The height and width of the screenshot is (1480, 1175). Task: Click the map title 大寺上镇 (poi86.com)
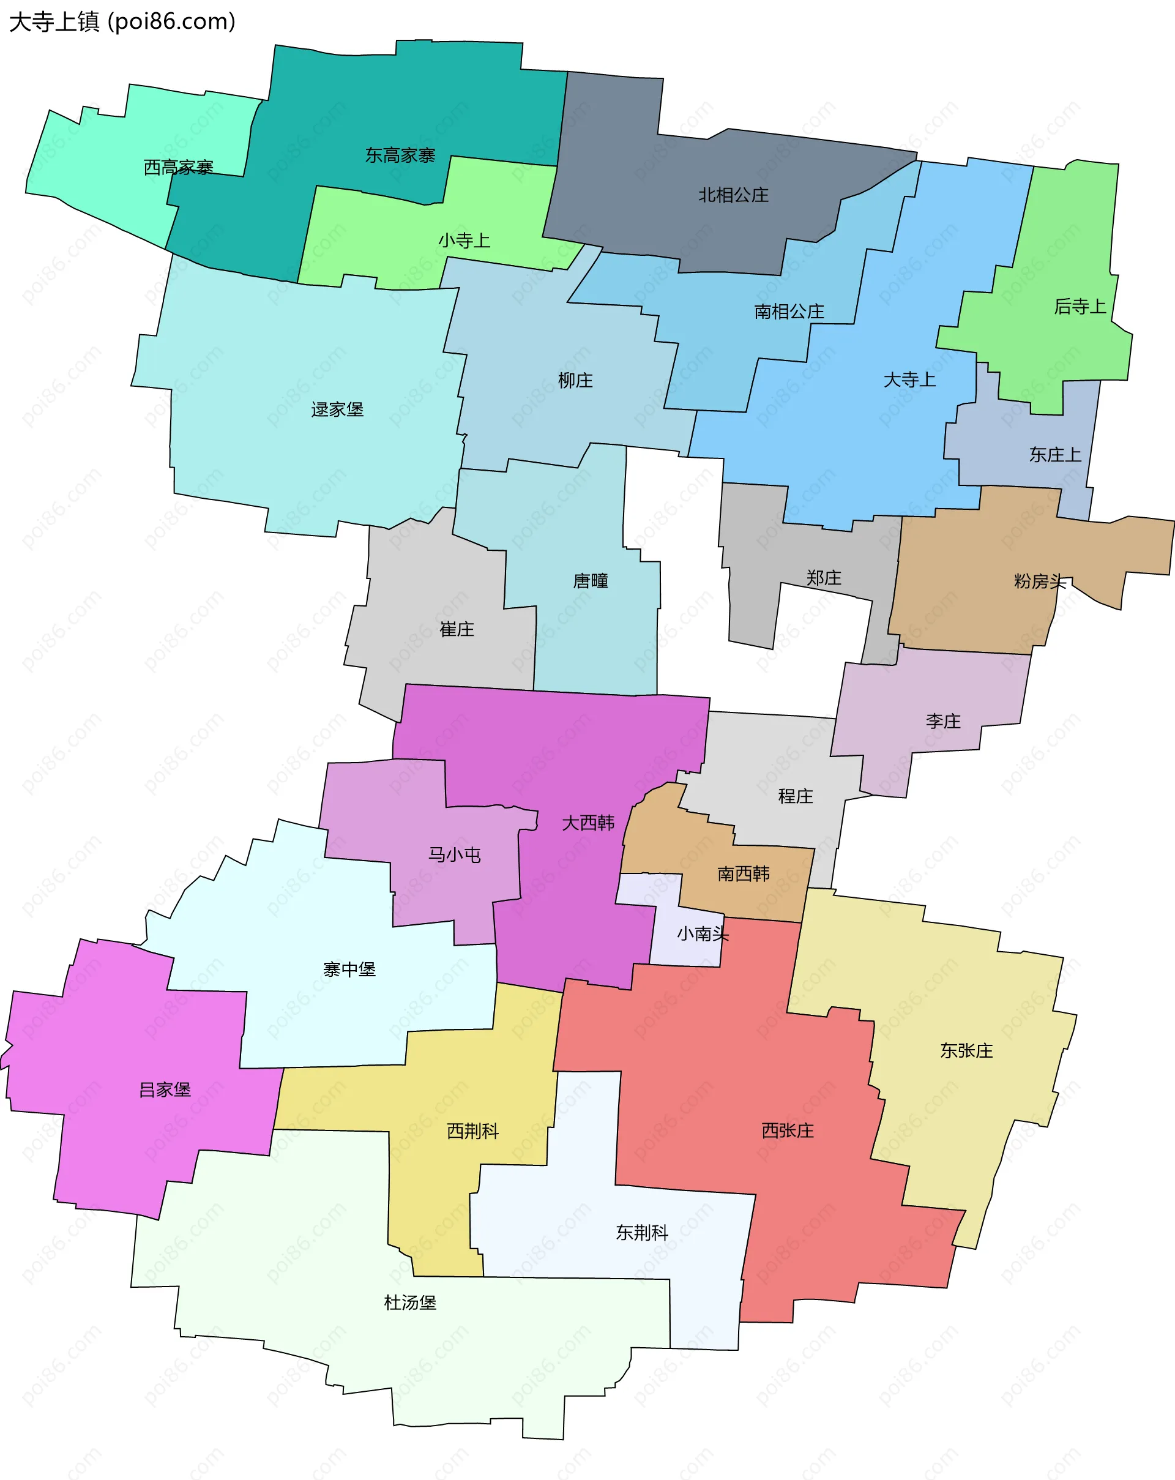(x=122, y=22)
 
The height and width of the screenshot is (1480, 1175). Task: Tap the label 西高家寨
(x=179, y=168)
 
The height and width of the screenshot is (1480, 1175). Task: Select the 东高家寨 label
(x=400, y=156)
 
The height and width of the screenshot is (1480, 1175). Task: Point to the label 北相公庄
(x=733, y=196)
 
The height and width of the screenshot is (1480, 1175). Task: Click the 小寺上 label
(x=464, y=241)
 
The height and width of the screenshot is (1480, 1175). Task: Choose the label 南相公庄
(x=789, y=312)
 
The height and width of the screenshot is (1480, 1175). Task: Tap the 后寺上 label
(x=1080, y=307)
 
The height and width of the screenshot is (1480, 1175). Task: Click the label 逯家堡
(x=337, y=410)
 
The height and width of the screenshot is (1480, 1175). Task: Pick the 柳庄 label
(x=575, y=380)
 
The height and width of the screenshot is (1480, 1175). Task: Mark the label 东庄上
(x=1055, y=454)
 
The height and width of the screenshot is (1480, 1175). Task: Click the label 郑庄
(x=824, y=578)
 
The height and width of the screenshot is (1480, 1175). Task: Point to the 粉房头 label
(x=1040, y=581)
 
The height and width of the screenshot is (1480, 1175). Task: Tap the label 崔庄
(x=457, y=629)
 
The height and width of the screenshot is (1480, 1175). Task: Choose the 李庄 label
(x=943, y=722)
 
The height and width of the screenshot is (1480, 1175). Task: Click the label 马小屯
(x=454, y=854)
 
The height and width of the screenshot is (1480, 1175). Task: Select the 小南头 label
(x=702, y=933)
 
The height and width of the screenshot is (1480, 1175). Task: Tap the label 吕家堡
(x=165, y=1089)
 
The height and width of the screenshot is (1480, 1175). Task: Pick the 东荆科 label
(x=642, y=1232)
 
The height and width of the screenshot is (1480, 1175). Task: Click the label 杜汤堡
(x=410, y=1302)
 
